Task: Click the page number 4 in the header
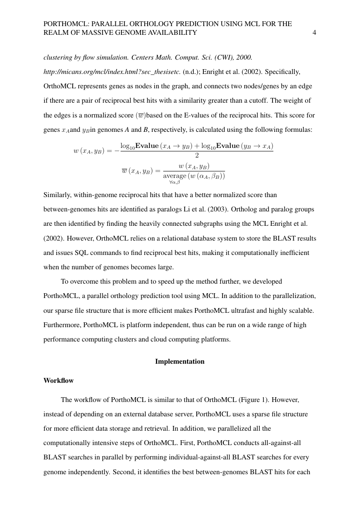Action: click(314, 33)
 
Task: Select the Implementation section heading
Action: click(180, 362)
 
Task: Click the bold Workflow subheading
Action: click(58, 381)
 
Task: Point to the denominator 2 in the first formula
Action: click(197, 155)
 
